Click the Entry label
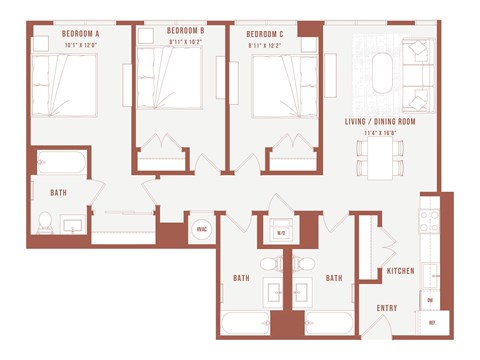tap(388, 307)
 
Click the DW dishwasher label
tap(430, 299)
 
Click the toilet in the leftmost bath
tap(45, 222)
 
